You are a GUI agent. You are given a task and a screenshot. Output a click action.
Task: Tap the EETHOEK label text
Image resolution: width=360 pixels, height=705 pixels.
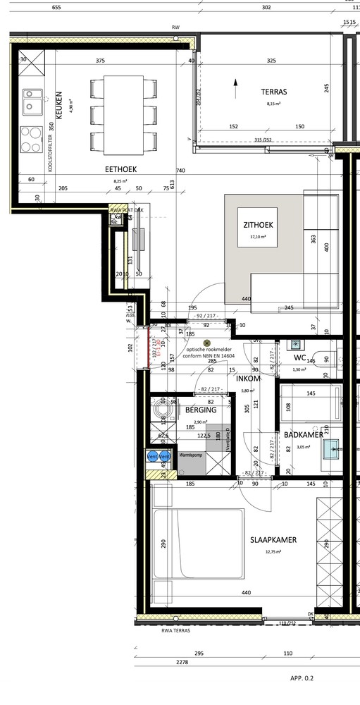click(120, 169)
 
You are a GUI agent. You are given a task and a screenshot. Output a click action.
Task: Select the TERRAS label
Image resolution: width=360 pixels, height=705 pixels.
click(274, 92)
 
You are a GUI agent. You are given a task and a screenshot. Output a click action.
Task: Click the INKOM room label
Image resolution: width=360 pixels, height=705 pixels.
click(249, 379)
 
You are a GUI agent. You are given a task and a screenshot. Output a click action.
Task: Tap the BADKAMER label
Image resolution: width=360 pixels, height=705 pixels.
click(304, 435)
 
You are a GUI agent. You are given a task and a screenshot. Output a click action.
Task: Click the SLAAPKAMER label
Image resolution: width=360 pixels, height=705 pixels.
click(273, 540)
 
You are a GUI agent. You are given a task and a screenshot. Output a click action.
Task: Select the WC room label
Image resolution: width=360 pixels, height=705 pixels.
click(299, 357)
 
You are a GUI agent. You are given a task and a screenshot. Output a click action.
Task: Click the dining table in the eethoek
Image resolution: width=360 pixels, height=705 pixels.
click(124, 111)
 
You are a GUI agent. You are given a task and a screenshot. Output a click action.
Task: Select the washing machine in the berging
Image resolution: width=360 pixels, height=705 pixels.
click(164, 411)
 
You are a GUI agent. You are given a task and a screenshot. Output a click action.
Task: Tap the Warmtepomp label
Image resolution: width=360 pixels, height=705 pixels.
click(192, 455)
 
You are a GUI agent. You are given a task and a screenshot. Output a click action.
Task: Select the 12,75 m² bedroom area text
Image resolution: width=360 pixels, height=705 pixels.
click(273, 552)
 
